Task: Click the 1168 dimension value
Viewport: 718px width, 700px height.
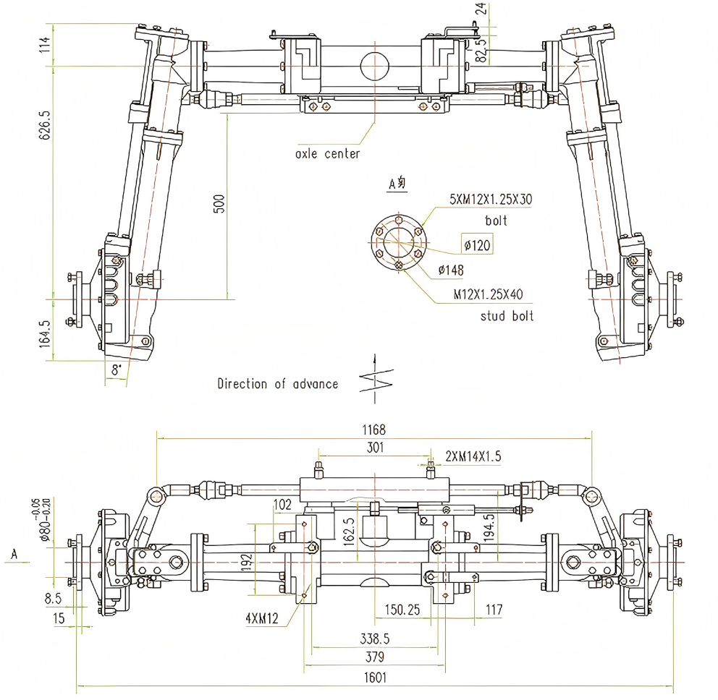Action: click(375, 430)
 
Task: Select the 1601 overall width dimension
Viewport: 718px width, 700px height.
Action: click(376, 678)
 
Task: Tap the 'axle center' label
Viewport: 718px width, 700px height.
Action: click(327, 154)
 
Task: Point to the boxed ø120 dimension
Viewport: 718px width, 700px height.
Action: click(478, 246)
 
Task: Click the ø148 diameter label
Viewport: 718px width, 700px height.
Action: click(451, 270)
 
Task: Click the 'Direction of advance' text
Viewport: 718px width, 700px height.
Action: click(278, 384)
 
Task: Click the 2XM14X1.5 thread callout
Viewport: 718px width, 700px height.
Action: click(473, 456)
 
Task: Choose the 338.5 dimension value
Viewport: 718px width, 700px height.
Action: click(375, 639)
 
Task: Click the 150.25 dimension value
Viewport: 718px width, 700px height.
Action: click(402, 610)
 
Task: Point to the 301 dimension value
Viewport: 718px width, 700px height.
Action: click(374, 448)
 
